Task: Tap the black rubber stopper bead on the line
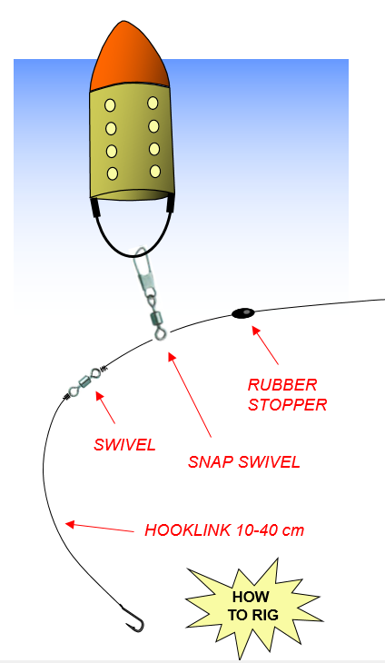point(243,313)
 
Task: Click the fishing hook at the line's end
point(134,619)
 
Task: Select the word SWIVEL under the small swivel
point(124,444)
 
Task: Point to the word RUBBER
point(282,385)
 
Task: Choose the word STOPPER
point(287,405)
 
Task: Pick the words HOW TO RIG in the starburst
point(252,606)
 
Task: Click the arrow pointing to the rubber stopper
point(265,344)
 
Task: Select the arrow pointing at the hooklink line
point(99,528)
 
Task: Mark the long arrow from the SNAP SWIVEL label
point(190,394)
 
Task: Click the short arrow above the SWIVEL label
point(105,407)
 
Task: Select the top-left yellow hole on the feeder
point(110,105)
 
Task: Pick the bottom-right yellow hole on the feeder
point(155,171)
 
